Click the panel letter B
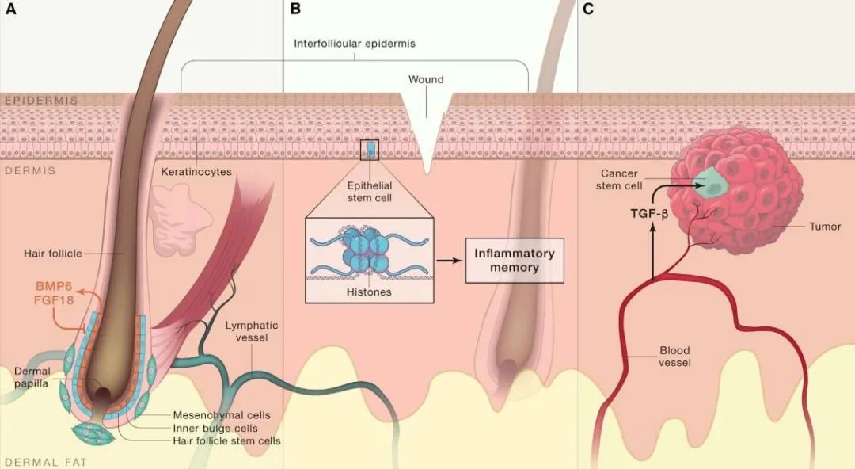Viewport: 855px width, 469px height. coord(295,10)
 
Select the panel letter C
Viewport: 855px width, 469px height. coord(587,10)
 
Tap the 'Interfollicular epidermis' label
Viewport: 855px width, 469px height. coord(355,44)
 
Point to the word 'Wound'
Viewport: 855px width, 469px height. coord(426,79)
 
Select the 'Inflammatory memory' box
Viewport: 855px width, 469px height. coord(514,260)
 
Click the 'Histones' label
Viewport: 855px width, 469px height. coord(368,292)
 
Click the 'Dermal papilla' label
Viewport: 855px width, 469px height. coord(32,378)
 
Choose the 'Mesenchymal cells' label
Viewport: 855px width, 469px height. coord(222,414)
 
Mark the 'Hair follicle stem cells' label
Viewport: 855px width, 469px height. coord(226,440)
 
